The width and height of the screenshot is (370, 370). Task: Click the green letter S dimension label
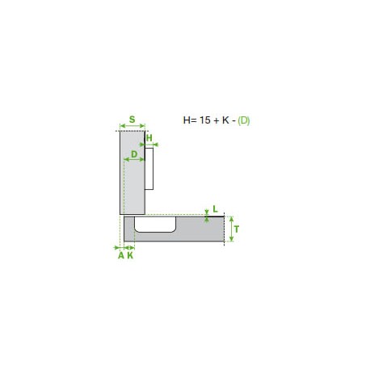(x=132, y=120)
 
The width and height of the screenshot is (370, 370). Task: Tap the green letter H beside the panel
(x=149, y=138)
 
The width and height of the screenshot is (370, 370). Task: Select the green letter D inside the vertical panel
(x=134, y=154)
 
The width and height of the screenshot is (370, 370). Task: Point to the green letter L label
(x=215, y=209)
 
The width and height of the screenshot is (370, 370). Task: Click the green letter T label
(x=237, y=229)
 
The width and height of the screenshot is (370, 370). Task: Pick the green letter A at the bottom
(x=121, y=255)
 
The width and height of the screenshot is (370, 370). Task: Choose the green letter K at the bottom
(x=130, y=255)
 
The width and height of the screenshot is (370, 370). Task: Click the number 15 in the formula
(x=205, y=120)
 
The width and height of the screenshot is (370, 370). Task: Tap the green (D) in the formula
(x=244, y=120)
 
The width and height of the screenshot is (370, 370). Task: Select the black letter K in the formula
(x=225, y=120)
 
